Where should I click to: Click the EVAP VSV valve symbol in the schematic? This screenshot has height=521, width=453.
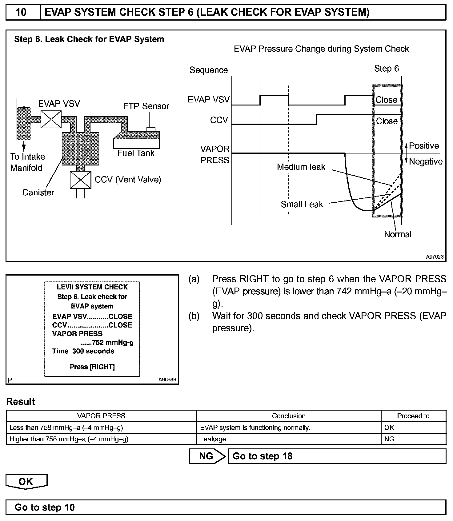coord(51,119)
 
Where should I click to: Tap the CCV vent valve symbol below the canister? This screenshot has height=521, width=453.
coord(81,180)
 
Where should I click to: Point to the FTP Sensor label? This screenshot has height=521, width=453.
coord(146,106)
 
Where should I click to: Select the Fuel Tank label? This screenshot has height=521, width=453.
coord(136,153)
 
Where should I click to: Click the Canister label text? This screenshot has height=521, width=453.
coord(38,193)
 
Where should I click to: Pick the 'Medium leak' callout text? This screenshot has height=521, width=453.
coord(301,167)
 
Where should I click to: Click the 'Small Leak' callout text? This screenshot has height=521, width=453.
coord(302,205)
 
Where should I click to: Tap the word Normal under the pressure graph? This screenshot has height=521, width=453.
coord(398,234)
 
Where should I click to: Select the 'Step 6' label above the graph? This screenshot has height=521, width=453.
coord(387,69)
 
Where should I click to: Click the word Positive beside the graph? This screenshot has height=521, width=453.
coord(424,146)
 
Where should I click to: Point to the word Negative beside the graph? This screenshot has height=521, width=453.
coord(426,161)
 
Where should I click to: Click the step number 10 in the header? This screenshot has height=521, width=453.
coord(21,12)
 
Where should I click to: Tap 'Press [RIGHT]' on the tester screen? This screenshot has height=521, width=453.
coord(92,367)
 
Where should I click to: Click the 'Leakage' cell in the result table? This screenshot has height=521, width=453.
coord(213,439)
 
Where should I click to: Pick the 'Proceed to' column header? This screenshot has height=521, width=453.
coord(413,416)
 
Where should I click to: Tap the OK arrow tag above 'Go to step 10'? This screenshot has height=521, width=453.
coord(26,482)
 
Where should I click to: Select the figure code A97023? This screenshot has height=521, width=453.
coord(435,257)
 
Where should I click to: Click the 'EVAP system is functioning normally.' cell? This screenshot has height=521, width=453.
coord(255,428)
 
